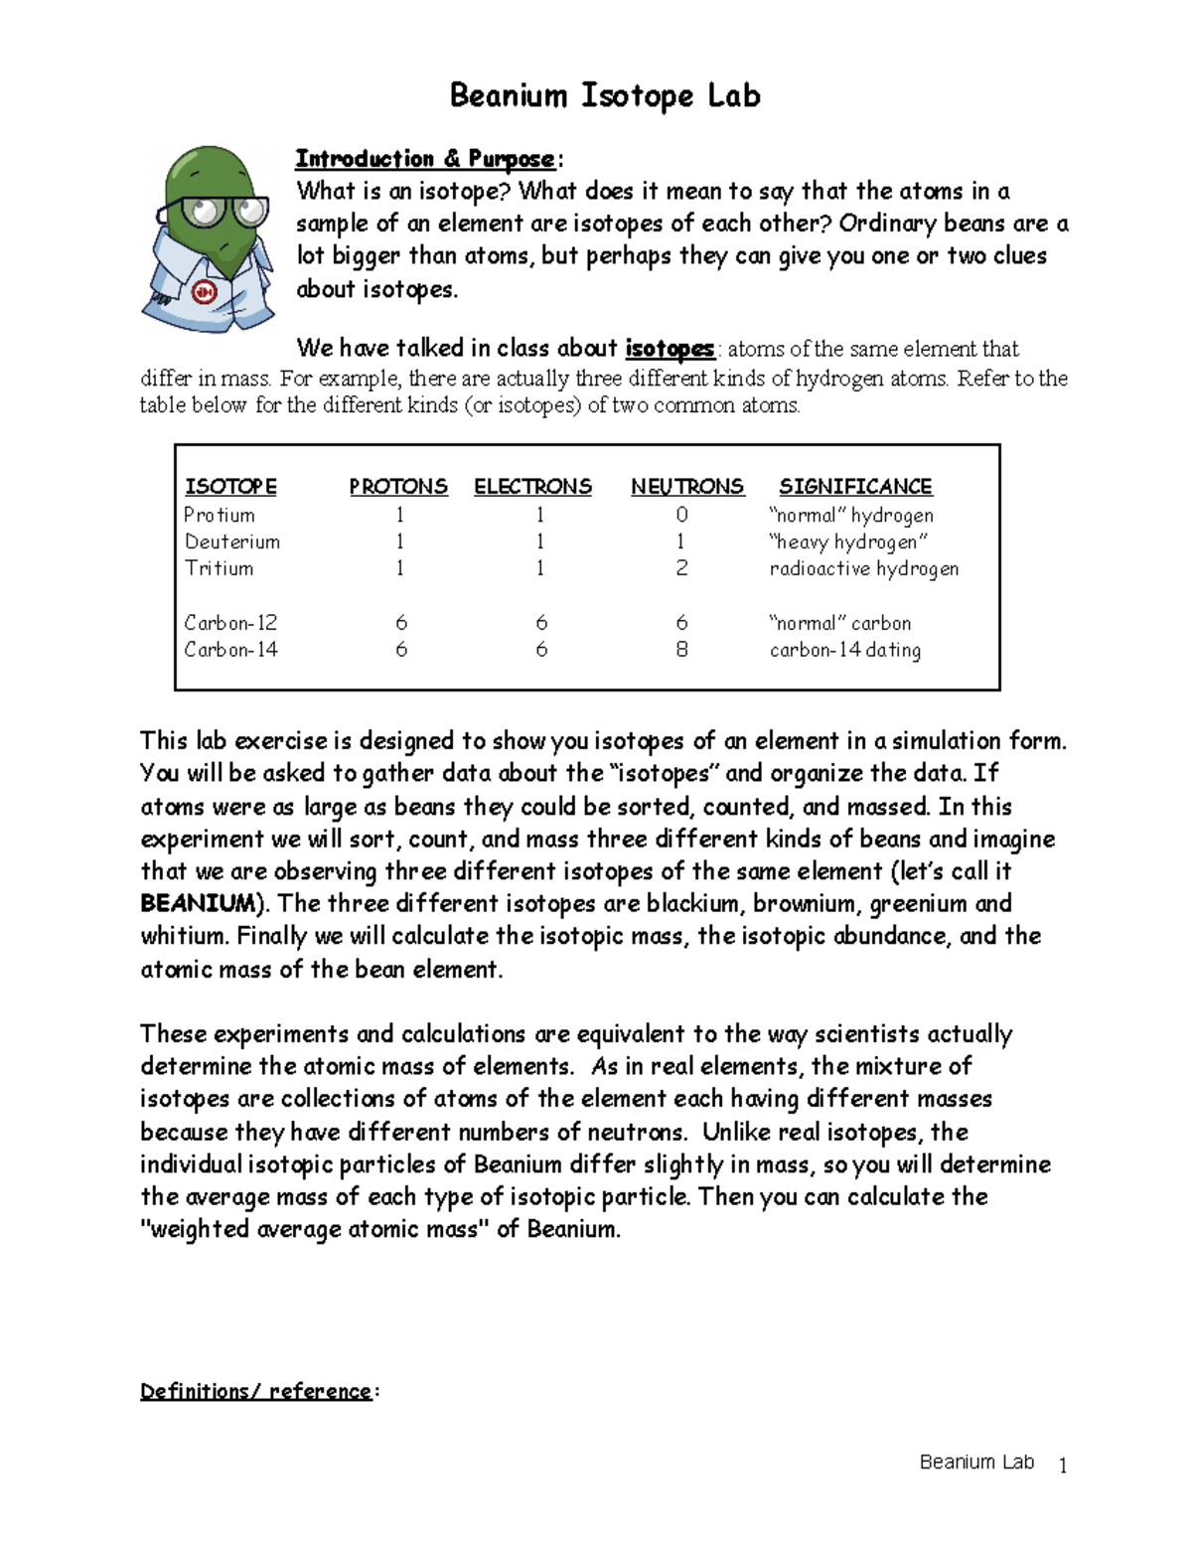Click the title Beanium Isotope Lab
click(605, 96)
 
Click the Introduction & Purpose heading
click(425, 159)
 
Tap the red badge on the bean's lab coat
click(205, 292)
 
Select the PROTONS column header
click(397, 487)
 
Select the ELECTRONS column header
click(532, 487)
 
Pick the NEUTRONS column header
click(686, 487)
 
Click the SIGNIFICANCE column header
click(855, 487)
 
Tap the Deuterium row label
click(232, 541)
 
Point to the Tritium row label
click(219, 568)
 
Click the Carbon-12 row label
click(230, 623)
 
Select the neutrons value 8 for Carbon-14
click(681, 650)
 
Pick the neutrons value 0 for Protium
click(681, 515)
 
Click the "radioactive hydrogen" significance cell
click(863, 568)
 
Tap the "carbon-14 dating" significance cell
click(844, 650)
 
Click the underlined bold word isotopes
click(669, 349)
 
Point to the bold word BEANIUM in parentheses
click(198, 903)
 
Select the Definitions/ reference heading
click(255, 1391)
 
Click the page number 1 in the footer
click(1063, 1466)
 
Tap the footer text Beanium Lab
click(976, 1462)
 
